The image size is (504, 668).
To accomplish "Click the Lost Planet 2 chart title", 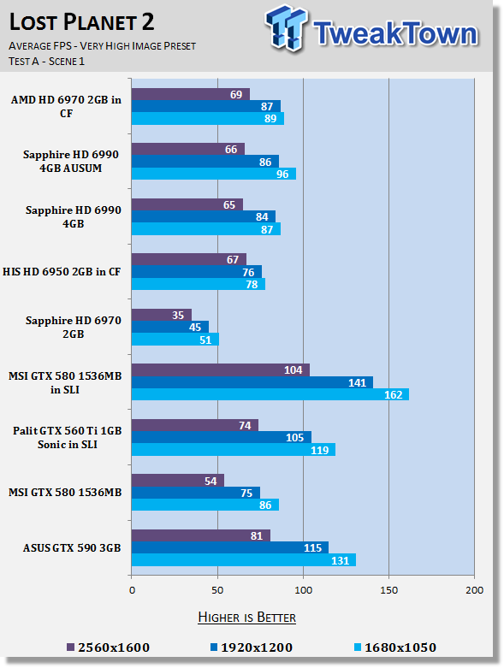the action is [x=81, y=22].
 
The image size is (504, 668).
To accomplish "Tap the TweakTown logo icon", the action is [x=286, y=27].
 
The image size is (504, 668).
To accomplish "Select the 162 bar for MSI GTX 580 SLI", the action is [x=270, y=394].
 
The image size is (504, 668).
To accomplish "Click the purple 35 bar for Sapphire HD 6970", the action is [x=162, y=315].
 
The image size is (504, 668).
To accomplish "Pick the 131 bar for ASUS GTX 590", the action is [x=244, y=560].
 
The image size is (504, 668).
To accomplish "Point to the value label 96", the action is [x=282, y=174].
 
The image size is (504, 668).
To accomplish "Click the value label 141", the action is [x=357, y=382].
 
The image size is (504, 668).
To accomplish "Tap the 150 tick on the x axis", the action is [x=388, y=590].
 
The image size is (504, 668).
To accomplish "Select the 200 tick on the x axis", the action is [x=474, y=590].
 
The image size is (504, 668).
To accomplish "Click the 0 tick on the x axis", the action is [x=132, y=590].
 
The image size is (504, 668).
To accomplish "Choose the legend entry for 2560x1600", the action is [x=108, y=647].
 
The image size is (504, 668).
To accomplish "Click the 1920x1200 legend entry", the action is [x=252, y=647].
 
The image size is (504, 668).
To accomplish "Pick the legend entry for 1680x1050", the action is [x=395, y=647].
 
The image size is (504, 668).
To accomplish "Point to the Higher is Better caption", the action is [x=246, y=618].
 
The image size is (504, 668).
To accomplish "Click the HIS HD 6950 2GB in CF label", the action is [x=62, y=272].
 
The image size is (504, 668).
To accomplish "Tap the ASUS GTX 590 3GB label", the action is [x=72, y=548].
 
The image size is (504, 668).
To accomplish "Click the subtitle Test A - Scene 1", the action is [x=46, y=62].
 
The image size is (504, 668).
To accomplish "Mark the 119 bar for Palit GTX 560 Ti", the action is [x=234, y=449].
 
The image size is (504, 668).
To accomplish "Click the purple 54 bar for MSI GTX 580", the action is [x=178, y=480].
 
